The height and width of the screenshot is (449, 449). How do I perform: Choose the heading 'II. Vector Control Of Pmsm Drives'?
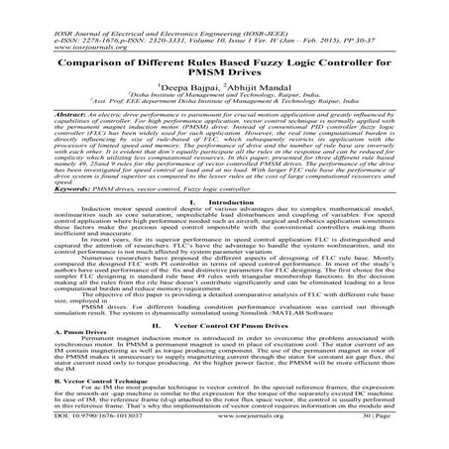pyautogui.click(x=224, y=353)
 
